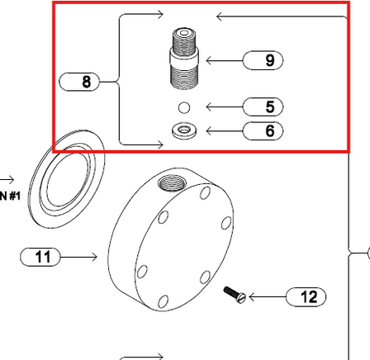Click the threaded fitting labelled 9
click(183, 59)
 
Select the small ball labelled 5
click(184, 107)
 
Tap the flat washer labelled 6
click(183, 130)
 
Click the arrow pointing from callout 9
click(222, 59)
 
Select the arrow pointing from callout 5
click(222, 107)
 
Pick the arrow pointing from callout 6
click(222, 130)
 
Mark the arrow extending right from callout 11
click(80, 258)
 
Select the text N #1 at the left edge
click(10, 196)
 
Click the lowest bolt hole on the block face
click(163, 301)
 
